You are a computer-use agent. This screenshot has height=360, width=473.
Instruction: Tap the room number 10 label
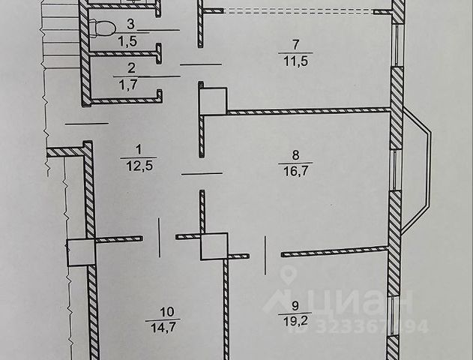(x=162, y=311)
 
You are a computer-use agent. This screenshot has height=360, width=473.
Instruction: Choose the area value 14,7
(x=162, y=325)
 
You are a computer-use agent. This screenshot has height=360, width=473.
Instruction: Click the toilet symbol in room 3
(x=101, y=29)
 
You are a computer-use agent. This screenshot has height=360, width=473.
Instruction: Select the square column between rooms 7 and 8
(x=214, y=101)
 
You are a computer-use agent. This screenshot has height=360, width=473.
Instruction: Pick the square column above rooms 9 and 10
(x=214, y=245)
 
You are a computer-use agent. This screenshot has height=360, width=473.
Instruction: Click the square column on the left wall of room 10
(x=81, y=252)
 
